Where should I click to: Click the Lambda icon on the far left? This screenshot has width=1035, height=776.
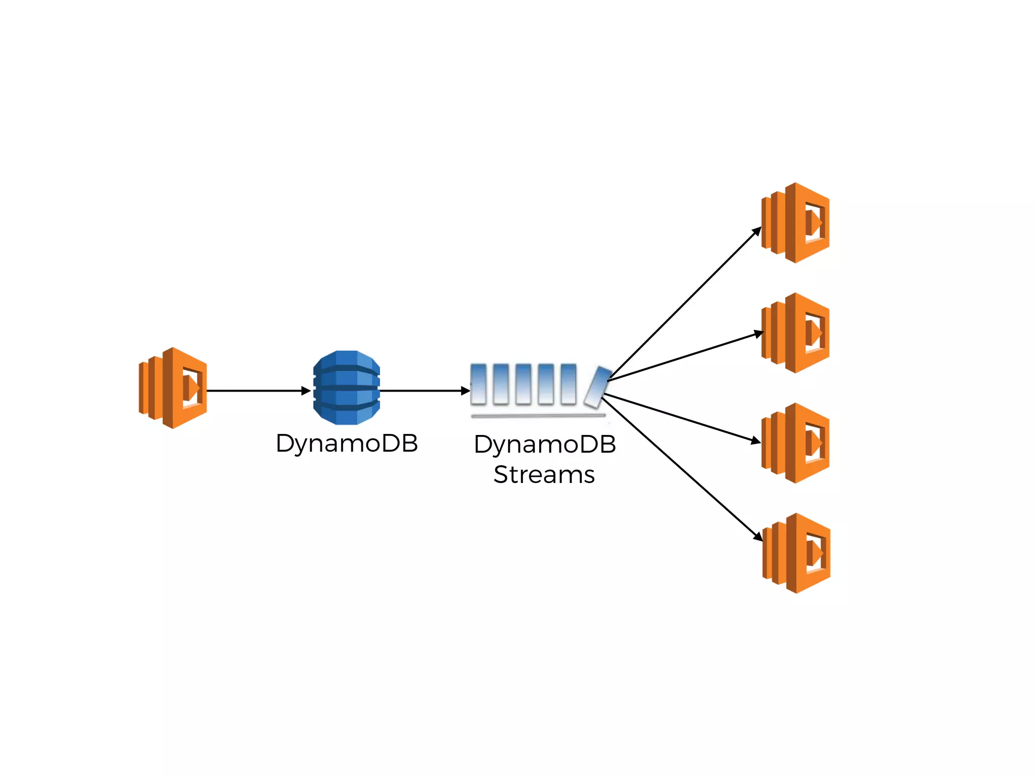173,388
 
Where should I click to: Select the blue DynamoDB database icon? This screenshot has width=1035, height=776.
347,387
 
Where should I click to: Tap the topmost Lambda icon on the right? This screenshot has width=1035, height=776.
795,223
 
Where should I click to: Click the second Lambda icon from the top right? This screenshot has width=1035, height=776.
795,333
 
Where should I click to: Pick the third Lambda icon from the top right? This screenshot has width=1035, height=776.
795,443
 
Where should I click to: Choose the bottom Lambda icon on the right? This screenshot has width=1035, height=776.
796,553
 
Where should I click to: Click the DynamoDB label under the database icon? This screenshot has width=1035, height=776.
347,444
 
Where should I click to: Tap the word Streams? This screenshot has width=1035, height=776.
544,475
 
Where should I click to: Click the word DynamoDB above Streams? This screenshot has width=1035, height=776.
545,445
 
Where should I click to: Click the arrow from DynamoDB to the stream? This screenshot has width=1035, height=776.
422,391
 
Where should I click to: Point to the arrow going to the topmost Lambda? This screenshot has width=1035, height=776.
685,303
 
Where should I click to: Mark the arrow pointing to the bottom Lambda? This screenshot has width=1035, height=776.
682,469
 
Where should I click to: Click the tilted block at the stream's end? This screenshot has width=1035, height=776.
598,387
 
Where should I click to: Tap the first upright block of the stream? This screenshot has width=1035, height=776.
478,384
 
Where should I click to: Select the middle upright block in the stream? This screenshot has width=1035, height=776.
523,384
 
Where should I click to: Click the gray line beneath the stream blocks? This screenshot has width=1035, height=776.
538,416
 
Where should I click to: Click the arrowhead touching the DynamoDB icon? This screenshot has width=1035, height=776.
306,391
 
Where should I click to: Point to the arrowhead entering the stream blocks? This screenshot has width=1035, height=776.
466,391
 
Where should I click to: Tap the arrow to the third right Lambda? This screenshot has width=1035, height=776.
682,418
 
